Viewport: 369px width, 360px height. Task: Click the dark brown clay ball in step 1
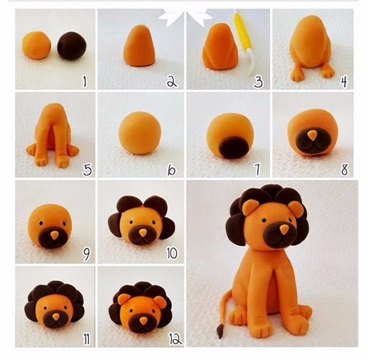tap(72, 46)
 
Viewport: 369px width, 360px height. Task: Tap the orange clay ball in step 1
tap(37, 45)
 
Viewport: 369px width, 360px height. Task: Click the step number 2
tap(172, 82)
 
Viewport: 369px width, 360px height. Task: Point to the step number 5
tap(87, 170)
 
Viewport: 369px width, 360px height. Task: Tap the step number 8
tap(344, 169)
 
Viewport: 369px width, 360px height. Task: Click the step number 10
tap(172, 254)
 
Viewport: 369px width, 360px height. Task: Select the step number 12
tap(175, 339)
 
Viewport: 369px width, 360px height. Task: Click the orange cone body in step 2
tap(140, 46)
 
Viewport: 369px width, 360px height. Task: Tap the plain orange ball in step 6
tap(140, 133)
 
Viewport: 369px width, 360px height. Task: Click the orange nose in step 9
tap(55, 235)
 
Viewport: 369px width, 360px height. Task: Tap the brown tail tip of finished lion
tap(220, 330)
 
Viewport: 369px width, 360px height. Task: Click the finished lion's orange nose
tap(284, 230)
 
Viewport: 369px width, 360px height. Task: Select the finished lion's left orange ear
tap(250, 207)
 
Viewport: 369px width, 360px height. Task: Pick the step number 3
tap(258, 82)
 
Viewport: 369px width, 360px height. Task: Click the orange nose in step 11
tap(56, 317)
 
